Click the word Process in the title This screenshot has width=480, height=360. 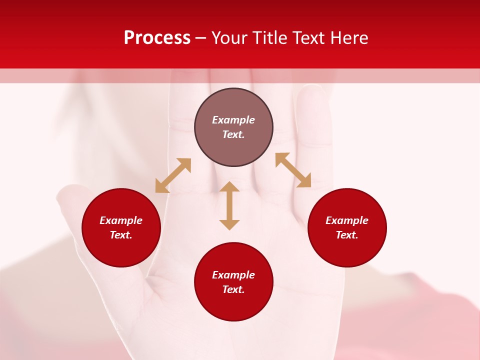(157, 38)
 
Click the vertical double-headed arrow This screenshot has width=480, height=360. (229, 205)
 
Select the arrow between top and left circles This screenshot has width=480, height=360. (173, 175)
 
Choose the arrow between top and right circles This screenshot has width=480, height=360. (293, 170)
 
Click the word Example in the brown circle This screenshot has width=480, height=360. (233, 120)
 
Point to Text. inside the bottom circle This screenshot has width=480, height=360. (233, 289)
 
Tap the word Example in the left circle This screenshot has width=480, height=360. (121, 220)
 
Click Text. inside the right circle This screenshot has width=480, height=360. (347, 235)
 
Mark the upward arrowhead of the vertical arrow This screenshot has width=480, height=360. (229, 187)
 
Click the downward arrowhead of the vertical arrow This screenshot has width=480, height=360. (229, 224)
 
